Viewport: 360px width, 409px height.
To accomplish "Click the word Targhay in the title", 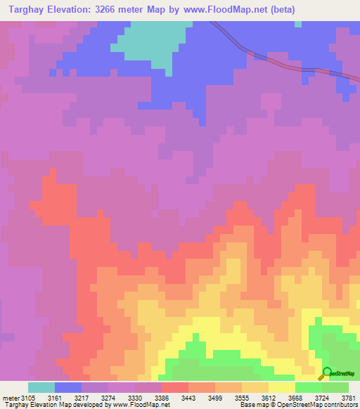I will pos(26,10).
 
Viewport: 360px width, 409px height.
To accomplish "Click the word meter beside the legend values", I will pos(11,397).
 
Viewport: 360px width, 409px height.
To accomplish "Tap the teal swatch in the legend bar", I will pos(41,387).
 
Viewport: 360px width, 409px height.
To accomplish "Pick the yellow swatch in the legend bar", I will pos(282,387).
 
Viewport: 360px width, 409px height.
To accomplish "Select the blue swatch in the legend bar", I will pos(68,387).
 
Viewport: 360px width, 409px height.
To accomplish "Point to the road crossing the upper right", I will pos(281,63).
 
